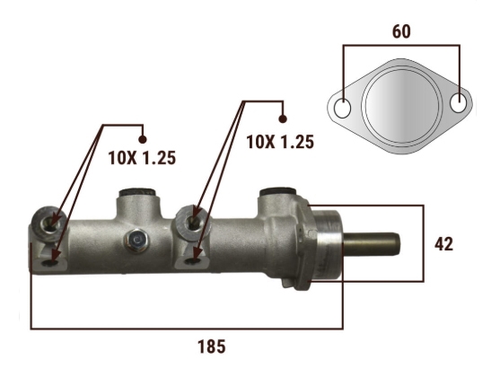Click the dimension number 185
tap(212, 346)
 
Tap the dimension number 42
tap(443, 244)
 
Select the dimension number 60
tap(401, 31)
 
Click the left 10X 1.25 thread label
tap(142, 158)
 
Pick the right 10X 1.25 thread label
tap(280, 142)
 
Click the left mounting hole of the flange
tap(343, 108)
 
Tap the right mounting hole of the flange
tap(458, 102)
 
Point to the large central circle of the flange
tap(401, 105)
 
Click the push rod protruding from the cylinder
tap(371, 244)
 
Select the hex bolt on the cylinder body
tap(137, 240)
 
